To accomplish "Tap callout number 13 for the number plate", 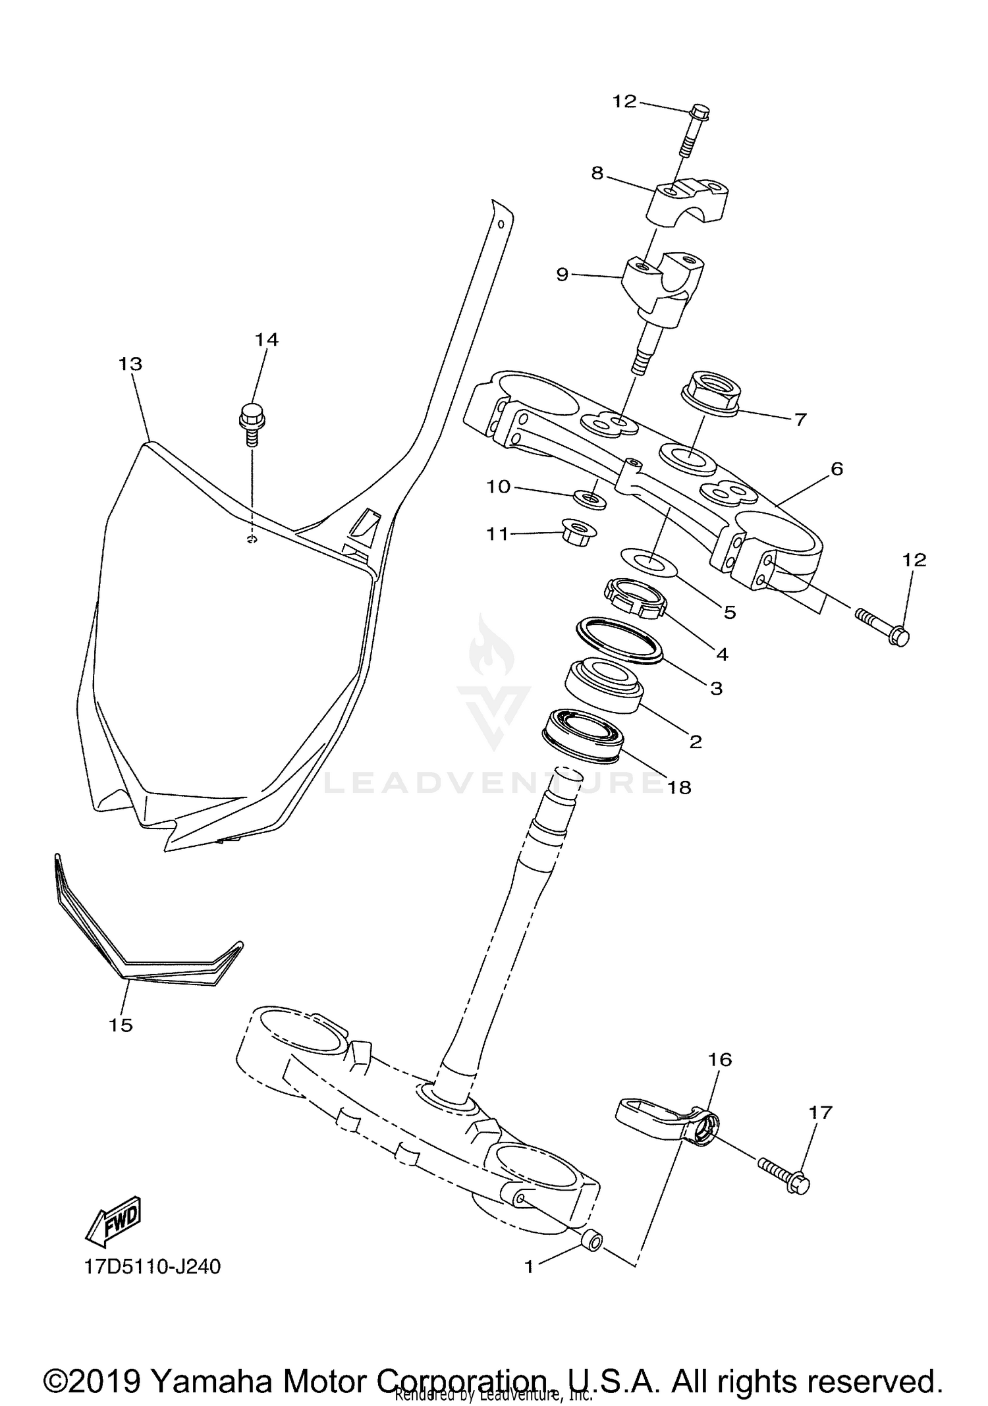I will click(130, 364).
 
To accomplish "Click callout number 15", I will click(121, 1025).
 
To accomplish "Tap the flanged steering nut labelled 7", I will click(708, 393).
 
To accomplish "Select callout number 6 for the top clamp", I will click(837, 469).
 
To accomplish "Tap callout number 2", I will click(696, 742).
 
